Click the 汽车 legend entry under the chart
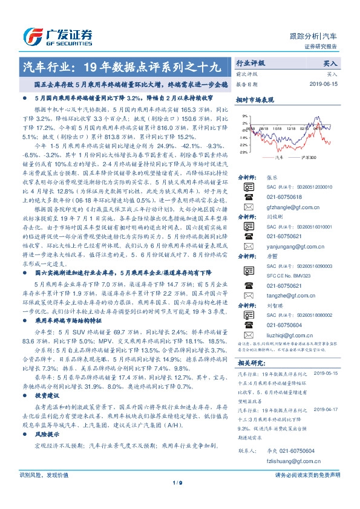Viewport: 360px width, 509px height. tap(279, 157)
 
